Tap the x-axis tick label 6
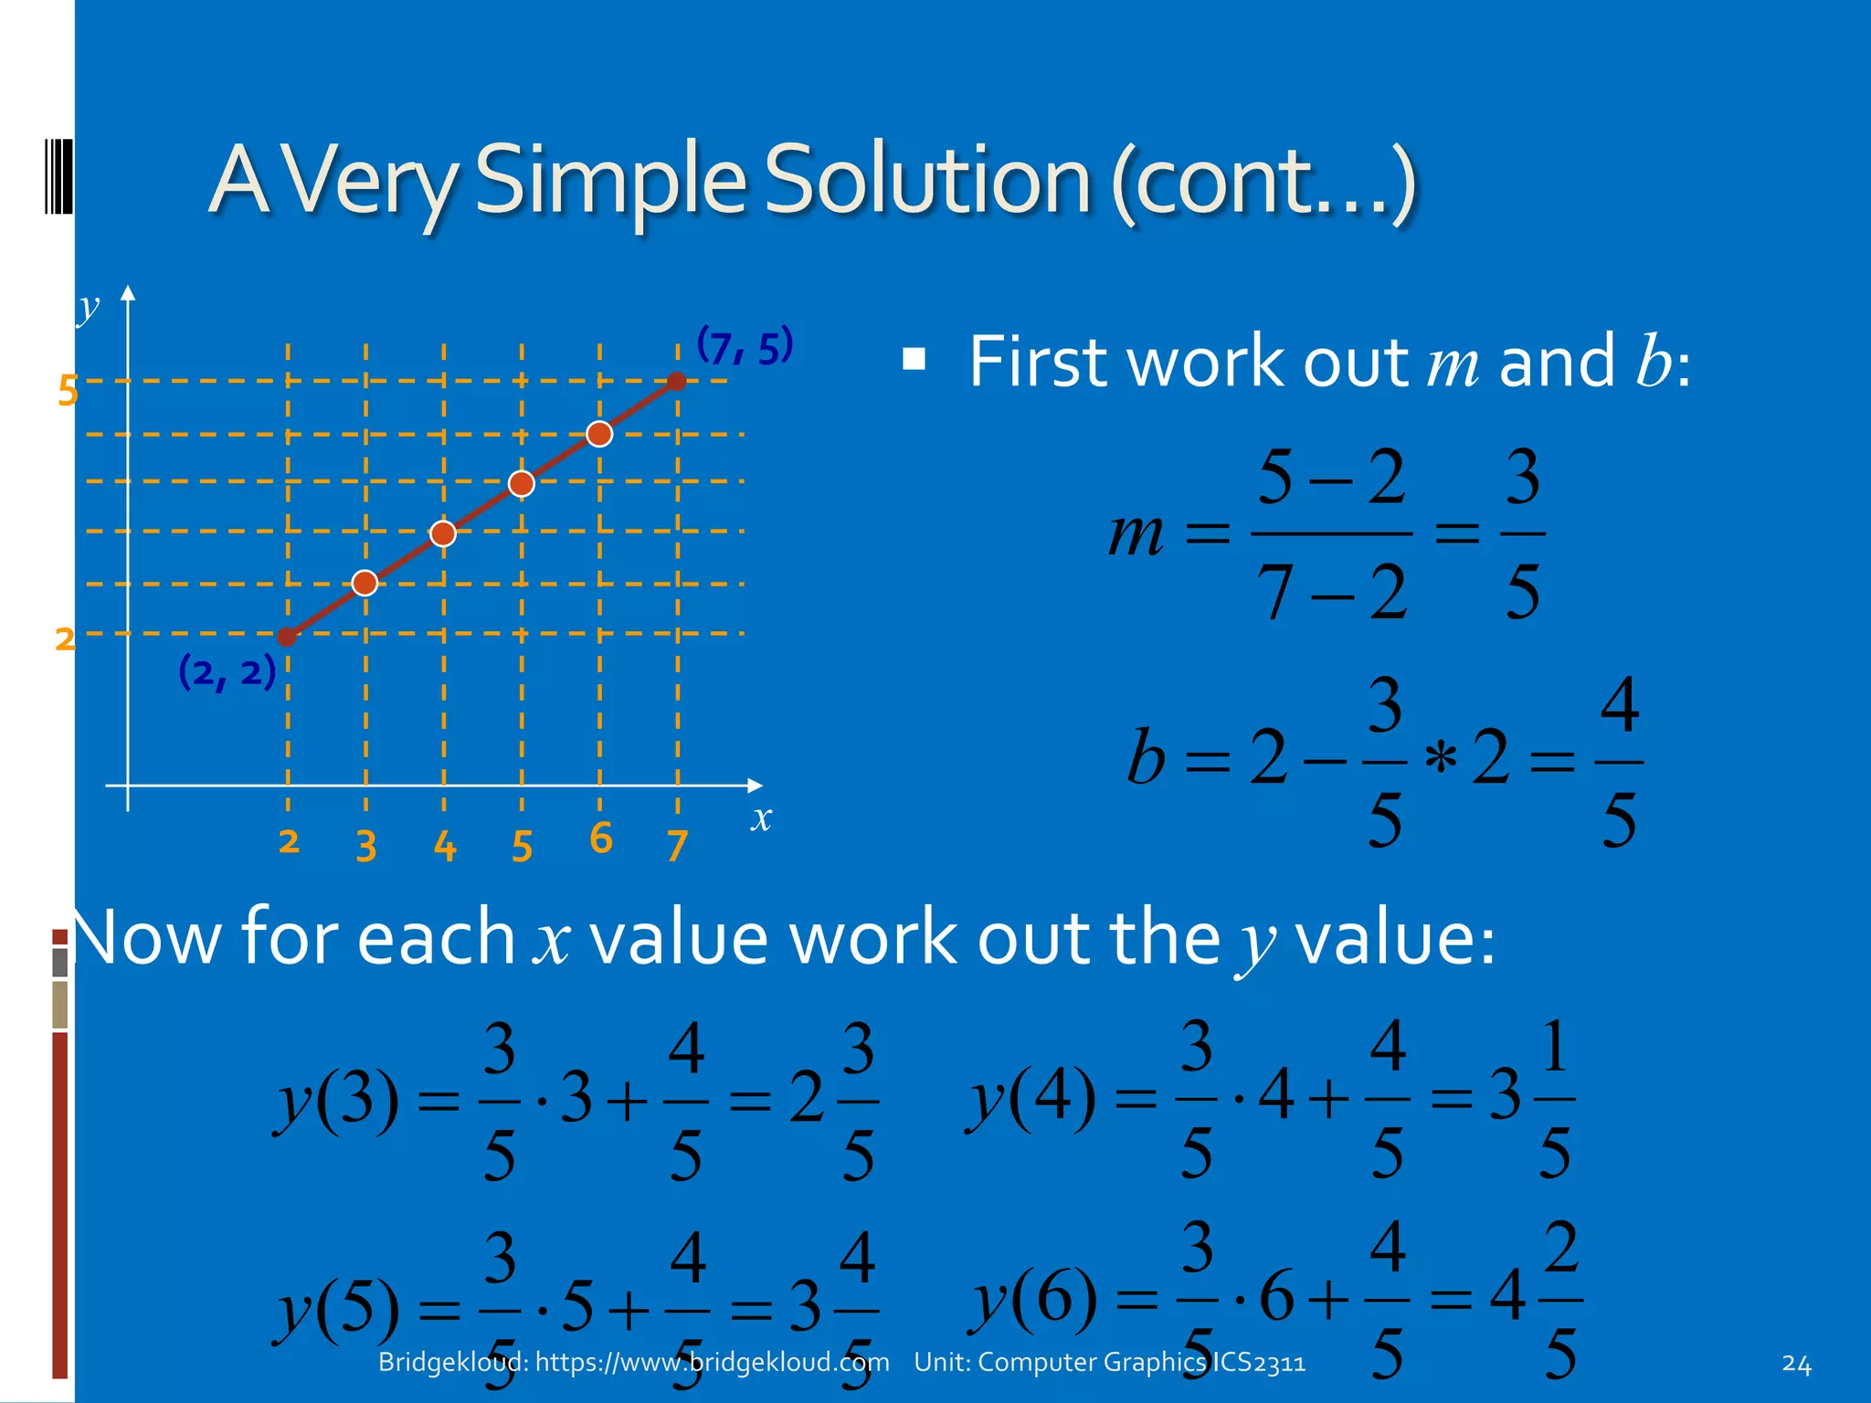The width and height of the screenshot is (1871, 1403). [600, 839]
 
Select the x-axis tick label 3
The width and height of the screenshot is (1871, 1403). [366, 847]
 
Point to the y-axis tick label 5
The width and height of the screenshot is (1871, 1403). [68, 391]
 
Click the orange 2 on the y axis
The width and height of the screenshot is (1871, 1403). [65, 638]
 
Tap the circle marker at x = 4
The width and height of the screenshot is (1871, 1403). [443, 533]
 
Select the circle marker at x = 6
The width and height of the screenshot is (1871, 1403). [599, 434]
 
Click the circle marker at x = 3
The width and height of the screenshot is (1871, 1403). [365, 583]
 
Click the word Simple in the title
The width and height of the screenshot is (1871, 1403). [610, 181]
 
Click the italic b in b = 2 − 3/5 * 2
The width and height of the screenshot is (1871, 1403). [1146, 757]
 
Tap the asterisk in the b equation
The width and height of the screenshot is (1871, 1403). [1441, 759]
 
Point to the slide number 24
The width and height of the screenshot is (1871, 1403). [1796, 1364]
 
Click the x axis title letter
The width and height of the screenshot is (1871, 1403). [761, 818]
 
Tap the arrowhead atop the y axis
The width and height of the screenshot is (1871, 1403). [128, 293]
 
